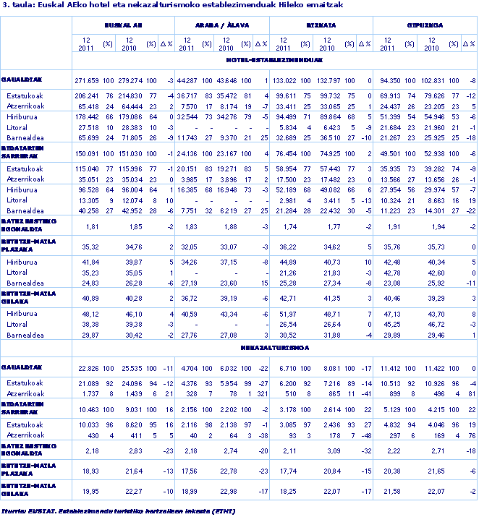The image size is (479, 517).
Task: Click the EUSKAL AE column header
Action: (123, 25)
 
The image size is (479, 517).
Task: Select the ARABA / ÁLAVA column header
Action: (223, 25)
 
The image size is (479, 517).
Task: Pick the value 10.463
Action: (88, 409)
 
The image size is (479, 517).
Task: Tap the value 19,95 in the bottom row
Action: (90, 491)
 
